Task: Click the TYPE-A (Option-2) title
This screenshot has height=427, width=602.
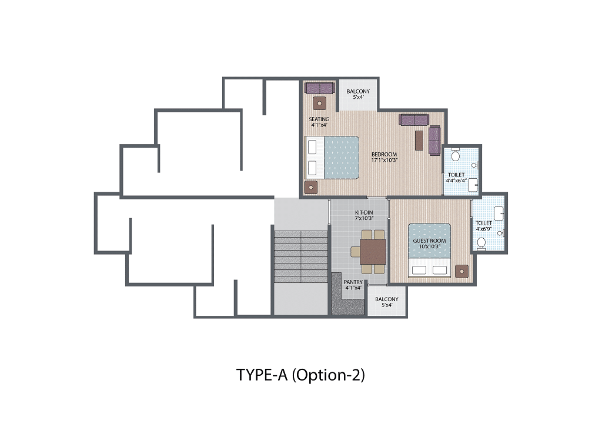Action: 300,375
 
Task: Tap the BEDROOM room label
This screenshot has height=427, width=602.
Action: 384,154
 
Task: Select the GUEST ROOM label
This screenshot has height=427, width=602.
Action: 429,241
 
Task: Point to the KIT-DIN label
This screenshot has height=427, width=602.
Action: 364,212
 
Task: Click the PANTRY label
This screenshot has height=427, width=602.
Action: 353,282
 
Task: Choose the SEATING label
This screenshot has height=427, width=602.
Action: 319,119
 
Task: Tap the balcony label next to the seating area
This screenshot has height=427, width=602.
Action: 358,91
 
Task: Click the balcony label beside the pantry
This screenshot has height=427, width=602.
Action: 387,299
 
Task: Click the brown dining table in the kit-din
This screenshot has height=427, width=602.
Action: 373,252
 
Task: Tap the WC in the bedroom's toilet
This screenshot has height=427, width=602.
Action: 456,154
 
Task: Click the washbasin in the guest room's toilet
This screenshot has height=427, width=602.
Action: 499,213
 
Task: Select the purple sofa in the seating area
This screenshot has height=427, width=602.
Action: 320,88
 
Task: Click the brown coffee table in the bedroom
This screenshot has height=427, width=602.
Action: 419,141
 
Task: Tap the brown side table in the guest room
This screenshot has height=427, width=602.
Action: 462,271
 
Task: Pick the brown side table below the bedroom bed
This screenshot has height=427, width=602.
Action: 310,188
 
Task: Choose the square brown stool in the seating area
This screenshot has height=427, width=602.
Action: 319,104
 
